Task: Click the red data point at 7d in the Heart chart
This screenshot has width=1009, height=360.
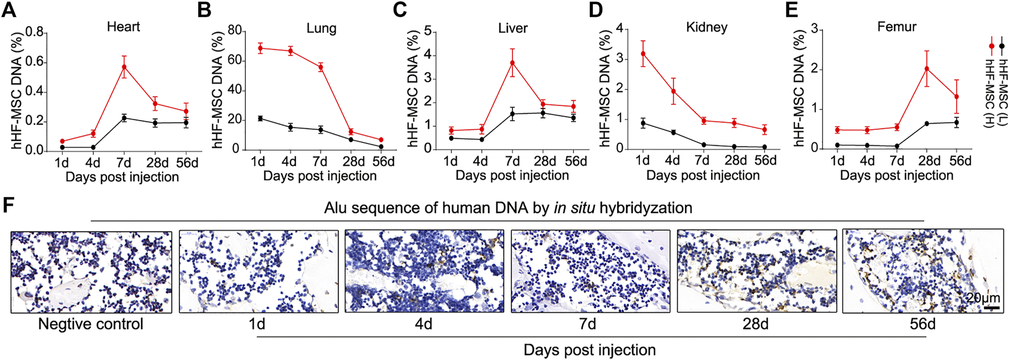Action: pyautogui.click(x=124, y=67)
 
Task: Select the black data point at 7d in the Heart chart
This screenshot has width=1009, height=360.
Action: pyautogui.click(x=124, y=118)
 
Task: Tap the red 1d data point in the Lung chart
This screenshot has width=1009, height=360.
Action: pyautogui.click(x=260, y=48)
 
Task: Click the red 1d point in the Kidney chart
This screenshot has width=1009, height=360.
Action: pyautogui.click(x=643, y=54)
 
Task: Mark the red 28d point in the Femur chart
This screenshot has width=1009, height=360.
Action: pyautogui.click(x=927, y=69)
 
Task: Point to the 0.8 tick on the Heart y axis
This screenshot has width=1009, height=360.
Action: pyautogui.click(x=35, y=32)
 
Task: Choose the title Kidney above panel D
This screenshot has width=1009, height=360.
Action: pyautogui.click(x=707, y=27)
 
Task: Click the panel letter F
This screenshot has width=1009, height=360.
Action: pyautogui.click(x=8, y=205)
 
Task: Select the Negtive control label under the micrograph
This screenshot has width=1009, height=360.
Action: pyautogui.click(x=91, y=324)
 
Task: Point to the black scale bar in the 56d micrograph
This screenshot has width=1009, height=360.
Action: pyautogui.click(x=991, y=308)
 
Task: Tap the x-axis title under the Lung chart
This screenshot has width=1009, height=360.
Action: pyautogui.click(x=319, y=176)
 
